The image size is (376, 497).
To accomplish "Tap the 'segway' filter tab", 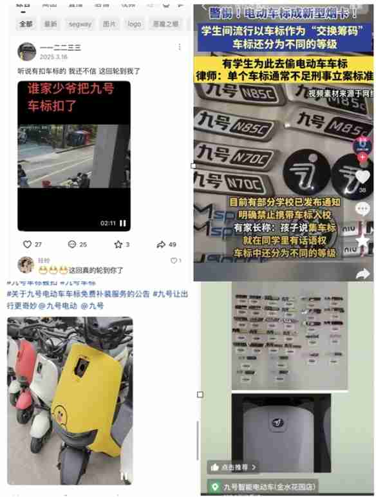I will point(80,24).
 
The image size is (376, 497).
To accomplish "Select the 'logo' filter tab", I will point(134,24).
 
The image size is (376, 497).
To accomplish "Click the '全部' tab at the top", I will point(26,24).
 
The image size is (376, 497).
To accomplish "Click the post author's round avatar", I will point(26,52).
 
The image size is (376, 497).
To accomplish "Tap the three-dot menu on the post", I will point(180,48).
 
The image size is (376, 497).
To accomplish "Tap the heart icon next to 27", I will point(28,245).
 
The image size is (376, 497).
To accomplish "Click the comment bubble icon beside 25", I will point(71,245).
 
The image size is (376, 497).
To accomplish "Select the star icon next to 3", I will point(118,245).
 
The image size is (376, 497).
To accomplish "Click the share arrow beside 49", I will point(161,245).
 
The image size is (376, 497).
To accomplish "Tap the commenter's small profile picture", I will point(26,264).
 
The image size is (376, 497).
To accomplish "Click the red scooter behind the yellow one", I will point(23,361).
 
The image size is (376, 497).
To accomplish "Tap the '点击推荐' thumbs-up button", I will point(232,467).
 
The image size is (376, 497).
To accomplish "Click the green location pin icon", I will point(214,487).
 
